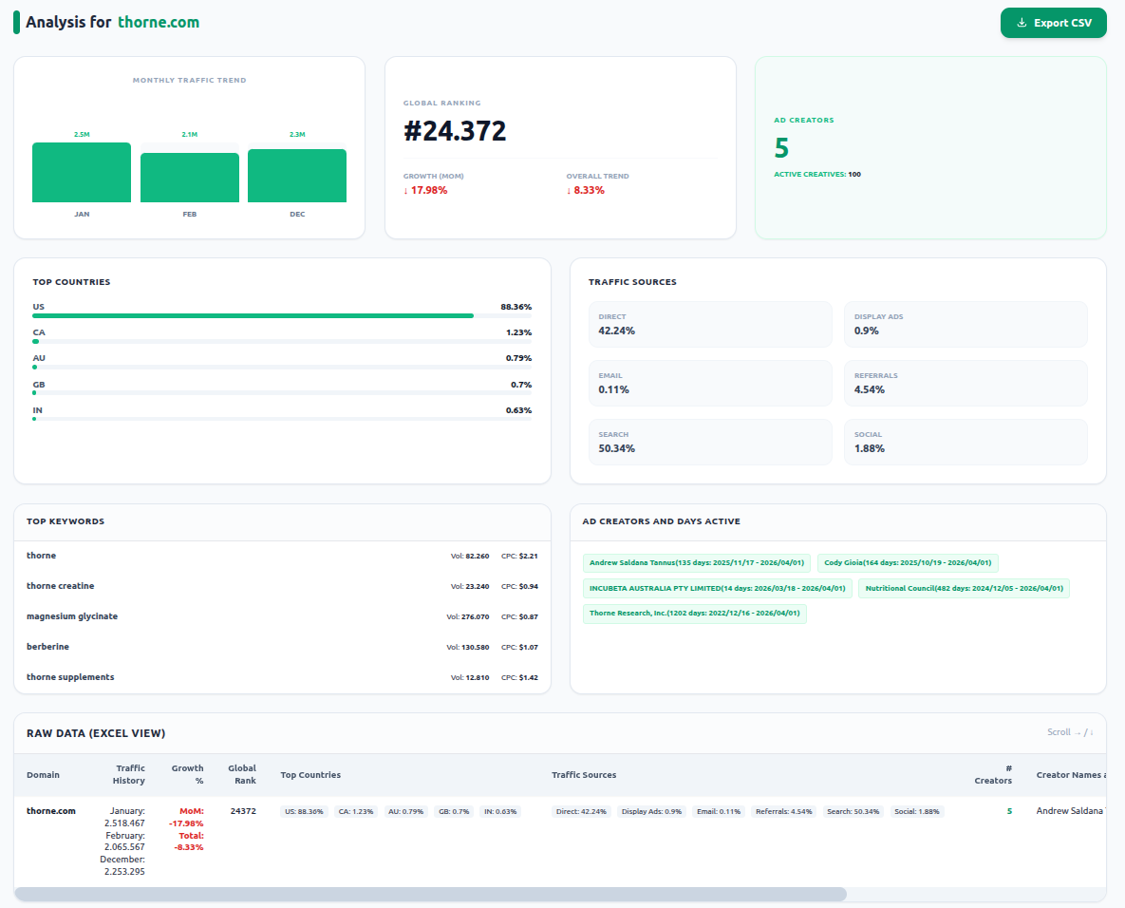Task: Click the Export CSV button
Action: tap(1053, 23)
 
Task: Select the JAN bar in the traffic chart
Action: tap(82, 172)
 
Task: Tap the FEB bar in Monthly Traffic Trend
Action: tap(190, 178)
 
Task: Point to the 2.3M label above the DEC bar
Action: tap(297, 134)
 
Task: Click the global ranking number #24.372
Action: tap(455, 131)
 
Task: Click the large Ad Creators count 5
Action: tap(781, 148)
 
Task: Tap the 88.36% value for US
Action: tap(516, 307)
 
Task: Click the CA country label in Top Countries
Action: tap(39, 332)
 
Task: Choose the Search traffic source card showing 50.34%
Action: tap(710, 443)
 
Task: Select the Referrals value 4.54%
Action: tap(870, 389)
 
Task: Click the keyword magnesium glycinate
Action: tap(72, 616)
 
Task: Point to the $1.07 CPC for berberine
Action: tap(529, 648)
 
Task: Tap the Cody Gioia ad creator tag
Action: tap(908, 562)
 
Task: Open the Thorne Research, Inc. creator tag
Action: tap(695, 613)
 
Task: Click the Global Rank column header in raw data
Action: tap(242, 774)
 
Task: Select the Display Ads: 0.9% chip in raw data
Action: tap(651, 812)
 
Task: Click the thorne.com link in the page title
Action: tap(159, 22)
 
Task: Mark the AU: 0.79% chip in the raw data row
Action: tap(406, 812)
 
